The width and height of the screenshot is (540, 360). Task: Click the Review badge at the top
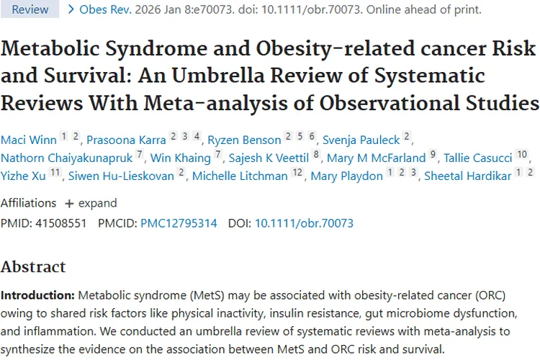(x=30, y=10)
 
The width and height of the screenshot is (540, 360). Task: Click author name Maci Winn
(x=27, y=140)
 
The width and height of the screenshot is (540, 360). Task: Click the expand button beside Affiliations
(x=91, y=203)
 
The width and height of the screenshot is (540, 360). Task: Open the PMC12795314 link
(x=179, y=223)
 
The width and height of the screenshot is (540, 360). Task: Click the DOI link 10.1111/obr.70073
(x=304, y=223)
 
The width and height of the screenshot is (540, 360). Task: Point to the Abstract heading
(x=33, y=267)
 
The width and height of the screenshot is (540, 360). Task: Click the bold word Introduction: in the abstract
(x=37, y=296)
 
